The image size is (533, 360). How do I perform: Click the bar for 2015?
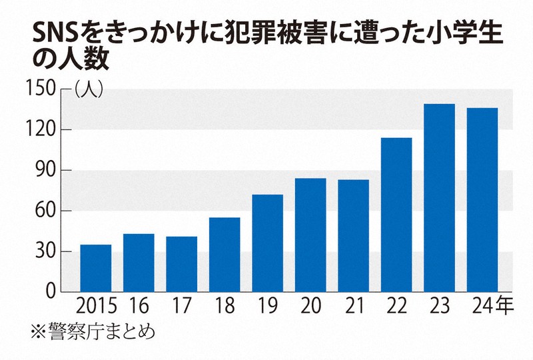coord(96,268)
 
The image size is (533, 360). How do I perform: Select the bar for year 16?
coord(139,263)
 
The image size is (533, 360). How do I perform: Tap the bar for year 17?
coord(181,264)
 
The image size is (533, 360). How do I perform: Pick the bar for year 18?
coord(225,255)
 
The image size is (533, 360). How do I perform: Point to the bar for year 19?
coord(267,243)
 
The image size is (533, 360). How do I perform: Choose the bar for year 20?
coord(310,235)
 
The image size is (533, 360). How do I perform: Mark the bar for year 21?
coord(353,236)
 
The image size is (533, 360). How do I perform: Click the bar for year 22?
coord(396,215)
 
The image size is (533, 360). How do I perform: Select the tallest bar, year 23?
coord(439,198)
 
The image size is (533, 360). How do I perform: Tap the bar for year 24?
coord(482,200)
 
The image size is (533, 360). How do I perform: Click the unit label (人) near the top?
coord(88,89)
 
